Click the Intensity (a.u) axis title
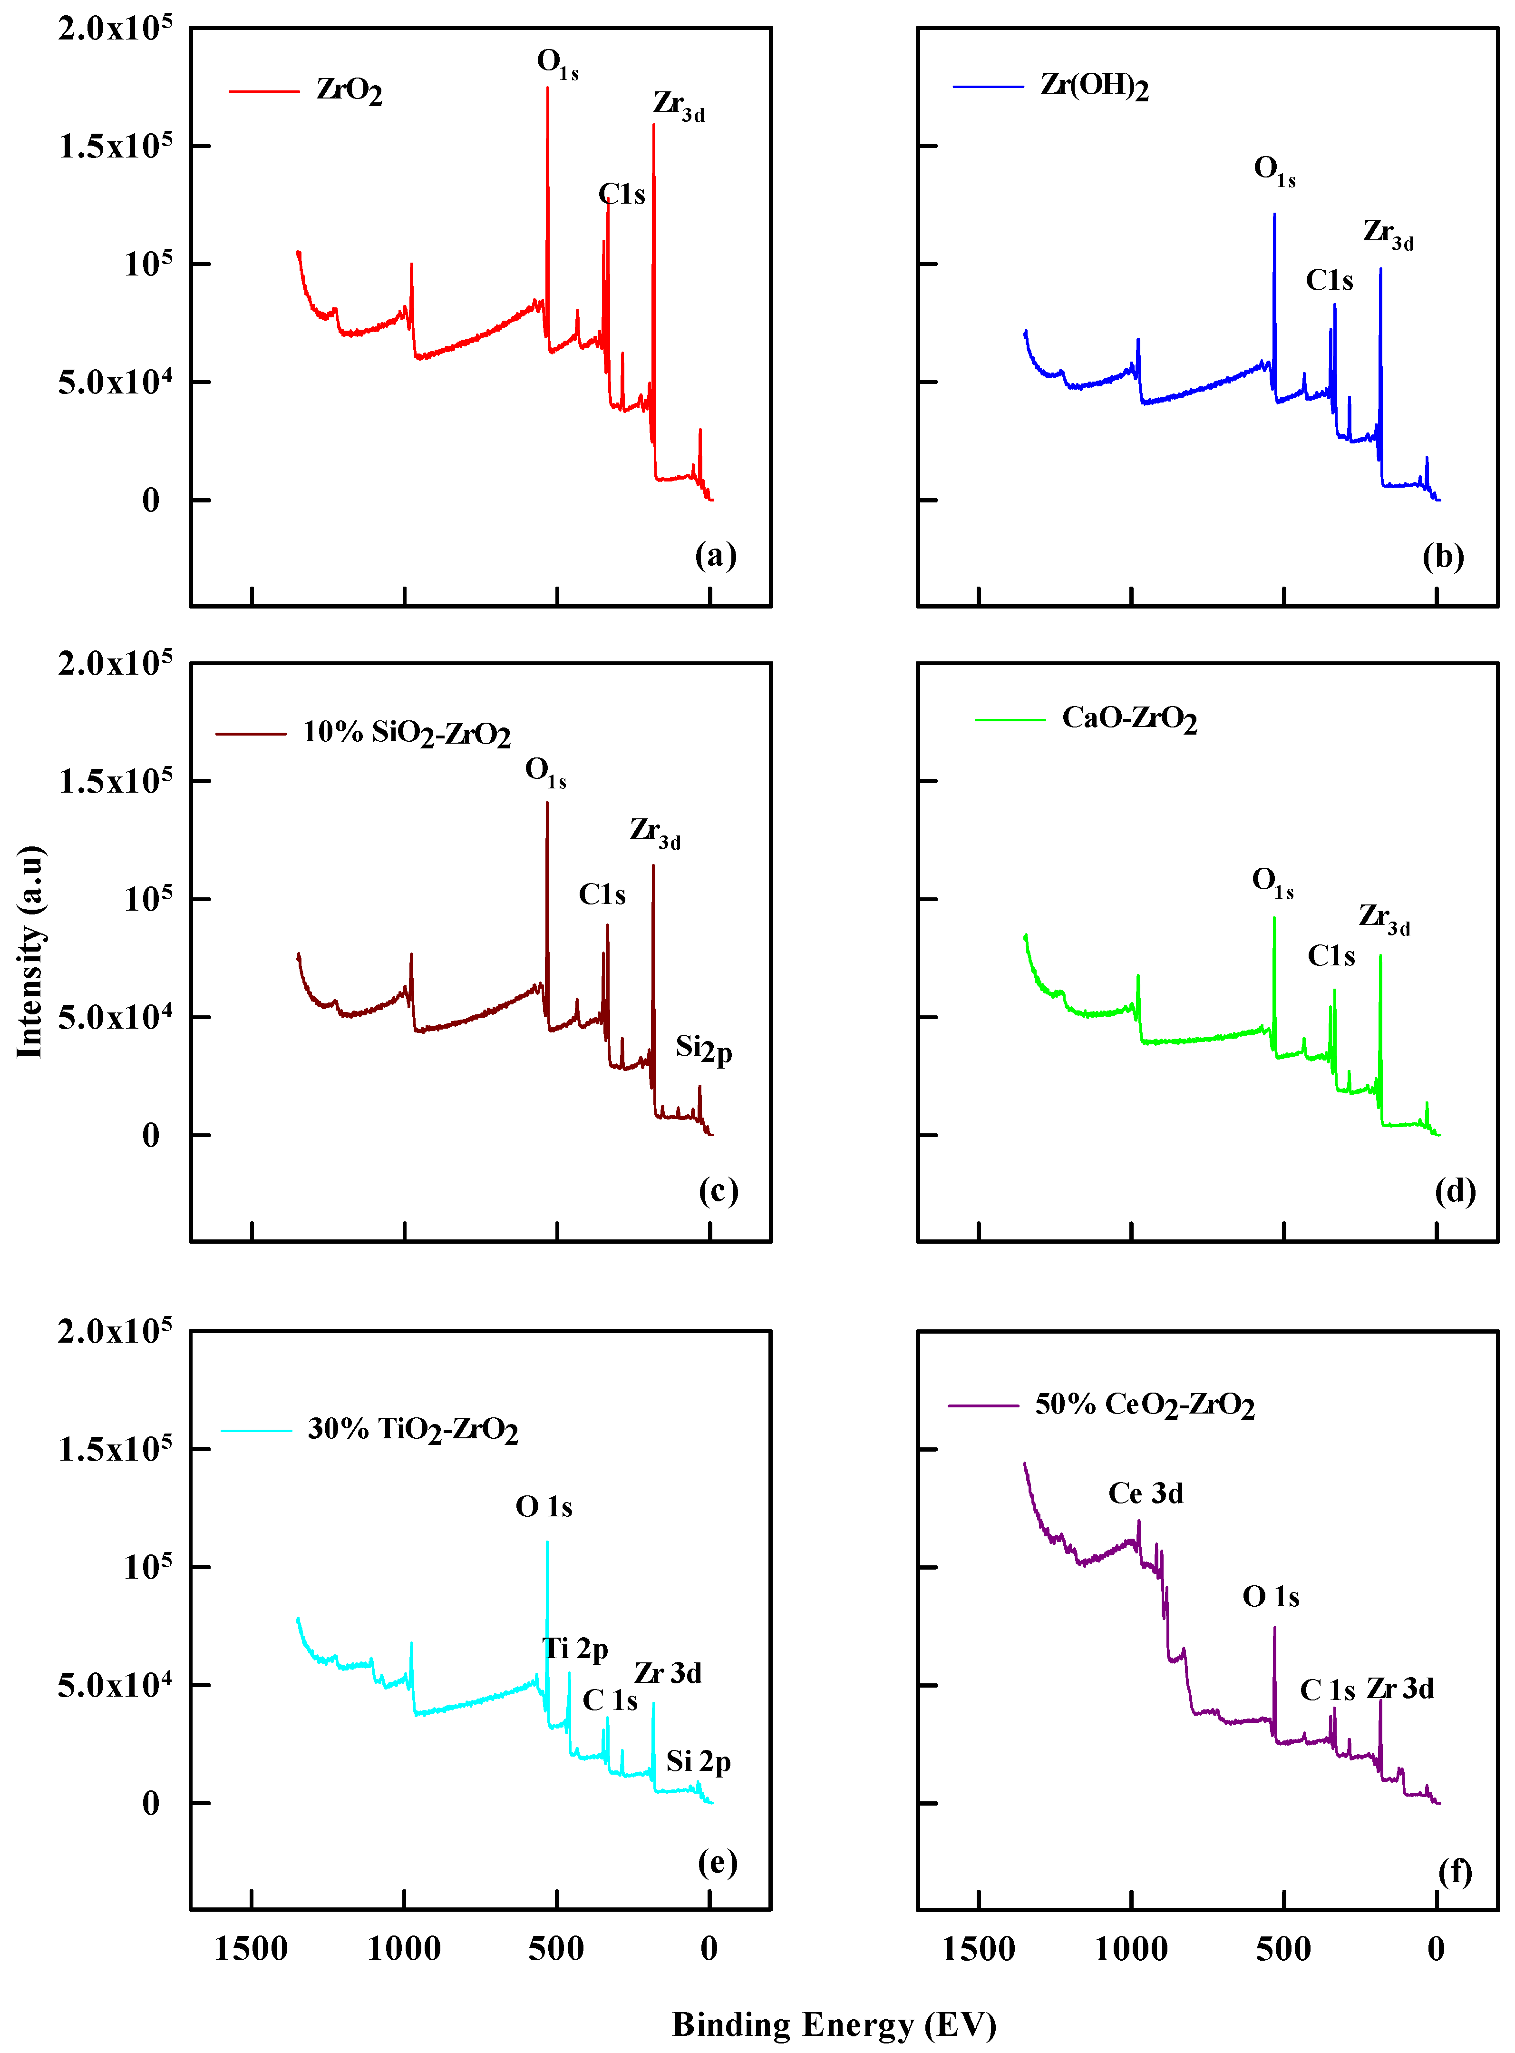30,951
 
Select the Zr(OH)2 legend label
1094,86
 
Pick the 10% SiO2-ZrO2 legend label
406,733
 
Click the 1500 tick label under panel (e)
251,1948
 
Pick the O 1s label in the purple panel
1270,1597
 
